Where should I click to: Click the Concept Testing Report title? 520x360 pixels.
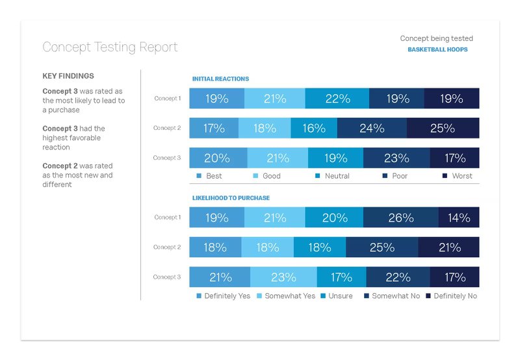(110, 47)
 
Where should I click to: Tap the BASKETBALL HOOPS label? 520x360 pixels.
(437, 49)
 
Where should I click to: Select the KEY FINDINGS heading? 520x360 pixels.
(68, 76)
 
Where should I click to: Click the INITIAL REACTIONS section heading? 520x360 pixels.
(220, 79)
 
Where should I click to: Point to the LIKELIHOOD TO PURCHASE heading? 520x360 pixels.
(231, 198)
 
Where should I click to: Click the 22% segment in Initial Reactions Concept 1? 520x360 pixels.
(337, 99)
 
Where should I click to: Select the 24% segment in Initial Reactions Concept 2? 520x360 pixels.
(372, 128)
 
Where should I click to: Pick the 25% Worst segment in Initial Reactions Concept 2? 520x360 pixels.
(443, 128)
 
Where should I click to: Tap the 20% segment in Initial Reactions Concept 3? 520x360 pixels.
(218, 158)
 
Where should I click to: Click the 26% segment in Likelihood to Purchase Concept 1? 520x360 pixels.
(400, 218)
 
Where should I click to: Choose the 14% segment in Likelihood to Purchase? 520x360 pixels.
(459, 218)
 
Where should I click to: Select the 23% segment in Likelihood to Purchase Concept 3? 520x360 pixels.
(283, 277)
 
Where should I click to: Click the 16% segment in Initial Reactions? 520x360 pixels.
(313, 128)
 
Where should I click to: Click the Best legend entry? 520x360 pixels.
(209, 176)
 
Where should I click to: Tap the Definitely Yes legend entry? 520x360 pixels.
(223, 296)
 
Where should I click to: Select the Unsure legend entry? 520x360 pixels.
(336, 296)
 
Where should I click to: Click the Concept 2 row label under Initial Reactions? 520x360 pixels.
(167, 128)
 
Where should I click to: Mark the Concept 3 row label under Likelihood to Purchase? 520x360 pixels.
(167, 277)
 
